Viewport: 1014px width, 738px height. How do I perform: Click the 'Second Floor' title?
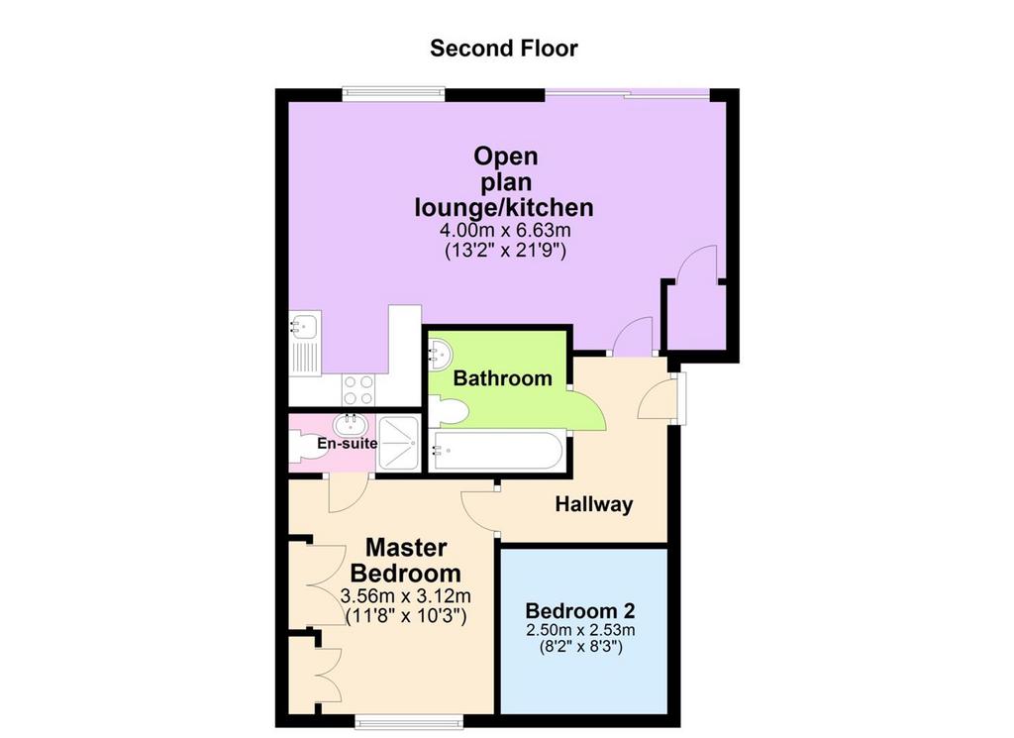coord(504,49)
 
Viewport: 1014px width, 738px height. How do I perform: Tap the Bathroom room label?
coord(502,378)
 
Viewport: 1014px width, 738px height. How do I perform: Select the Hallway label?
coord(594,504)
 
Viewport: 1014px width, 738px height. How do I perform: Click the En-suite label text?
coord(348,444)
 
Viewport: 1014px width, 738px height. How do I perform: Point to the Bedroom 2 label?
coord(580,610)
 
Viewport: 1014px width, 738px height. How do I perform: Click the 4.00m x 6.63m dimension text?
coord(505,230)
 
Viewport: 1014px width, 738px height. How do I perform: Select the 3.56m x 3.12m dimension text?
coord(405,595)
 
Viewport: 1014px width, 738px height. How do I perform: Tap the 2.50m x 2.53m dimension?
coord(580,630)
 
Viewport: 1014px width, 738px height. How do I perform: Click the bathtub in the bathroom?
coord(497,450)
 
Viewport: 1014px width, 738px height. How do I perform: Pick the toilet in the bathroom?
coord(449,412)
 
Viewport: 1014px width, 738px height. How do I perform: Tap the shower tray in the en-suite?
coord(399,444)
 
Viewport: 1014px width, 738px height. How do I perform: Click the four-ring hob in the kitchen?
coord(358,390)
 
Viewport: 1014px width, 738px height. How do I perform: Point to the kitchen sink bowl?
coord(302,325)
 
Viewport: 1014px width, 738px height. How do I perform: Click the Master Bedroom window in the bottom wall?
coord(409,721)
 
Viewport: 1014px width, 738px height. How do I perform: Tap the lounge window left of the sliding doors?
coord(394,94)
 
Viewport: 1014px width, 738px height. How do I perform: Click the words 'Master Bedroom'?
coord(405,560)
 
